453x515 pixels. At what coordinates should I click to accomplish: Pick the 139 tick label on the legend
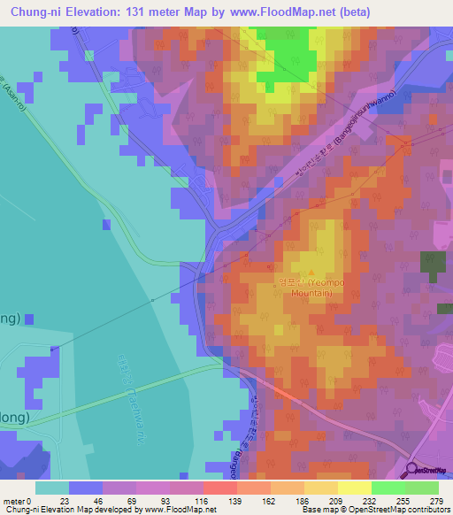coord(236,500)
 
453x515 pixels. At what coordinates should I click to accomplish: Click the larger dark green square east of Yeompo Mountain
coord(433,265)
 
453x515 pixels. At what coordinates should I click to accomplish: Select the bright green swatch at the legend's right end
coord(422,488)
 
